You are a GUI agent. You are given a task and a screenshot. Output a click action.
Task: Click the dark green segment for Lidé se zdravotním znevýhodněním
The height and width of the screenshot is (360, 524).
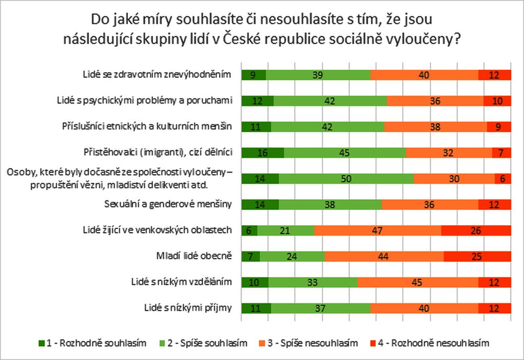(x=253, y=75)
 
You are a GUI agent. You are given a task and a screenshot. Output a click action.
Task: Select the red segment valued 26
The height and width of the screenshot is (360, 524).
(x=476, y=230)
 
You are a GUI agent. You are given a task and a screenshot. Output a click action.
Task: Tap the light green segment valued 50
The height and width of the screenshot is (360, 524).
(x=346, y=178)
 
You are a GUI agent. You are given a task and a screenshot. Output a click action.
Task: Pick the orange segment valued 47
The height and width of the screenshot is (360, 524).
(x=378, y=230)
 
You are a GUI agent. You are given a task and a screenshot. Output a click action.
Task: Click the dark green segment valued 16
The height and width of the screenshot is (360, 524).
(x=263, y=153)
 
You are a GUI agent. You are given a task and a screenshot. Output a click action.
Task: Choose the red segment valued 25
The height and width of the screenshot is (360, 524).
(x=477, y=256)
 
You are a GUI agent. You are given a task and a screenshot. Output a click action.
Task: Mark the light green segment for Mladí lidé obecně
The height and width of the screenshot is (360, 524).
(x=292, y=256)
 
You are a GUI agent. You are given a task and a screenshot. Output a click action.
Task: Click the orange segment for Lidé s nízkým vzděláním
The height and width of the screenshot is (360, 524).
(x=418, y=282)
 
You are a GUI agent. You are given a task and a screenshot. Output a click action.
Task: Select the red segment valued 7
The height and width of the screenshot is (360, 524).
(x=501, y=153)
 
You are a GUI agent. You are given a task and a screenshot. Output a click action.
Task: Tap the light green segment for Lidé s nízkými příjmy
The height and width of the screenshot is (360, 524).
(x=320, y=308)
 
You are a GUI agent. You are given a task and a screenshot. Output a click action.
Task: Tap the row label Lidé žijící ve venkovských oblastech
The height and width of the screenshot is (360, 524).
(x=158, y=230)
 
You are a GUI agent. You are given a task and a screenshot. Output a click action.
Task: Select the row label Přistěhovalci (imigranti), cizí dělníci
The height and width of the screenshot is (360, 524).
(x=158, y=152)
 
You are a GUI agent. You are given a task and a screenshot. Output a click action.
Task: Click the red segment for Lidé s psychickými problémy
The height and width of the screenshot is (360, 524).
(x=497, y=100)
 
